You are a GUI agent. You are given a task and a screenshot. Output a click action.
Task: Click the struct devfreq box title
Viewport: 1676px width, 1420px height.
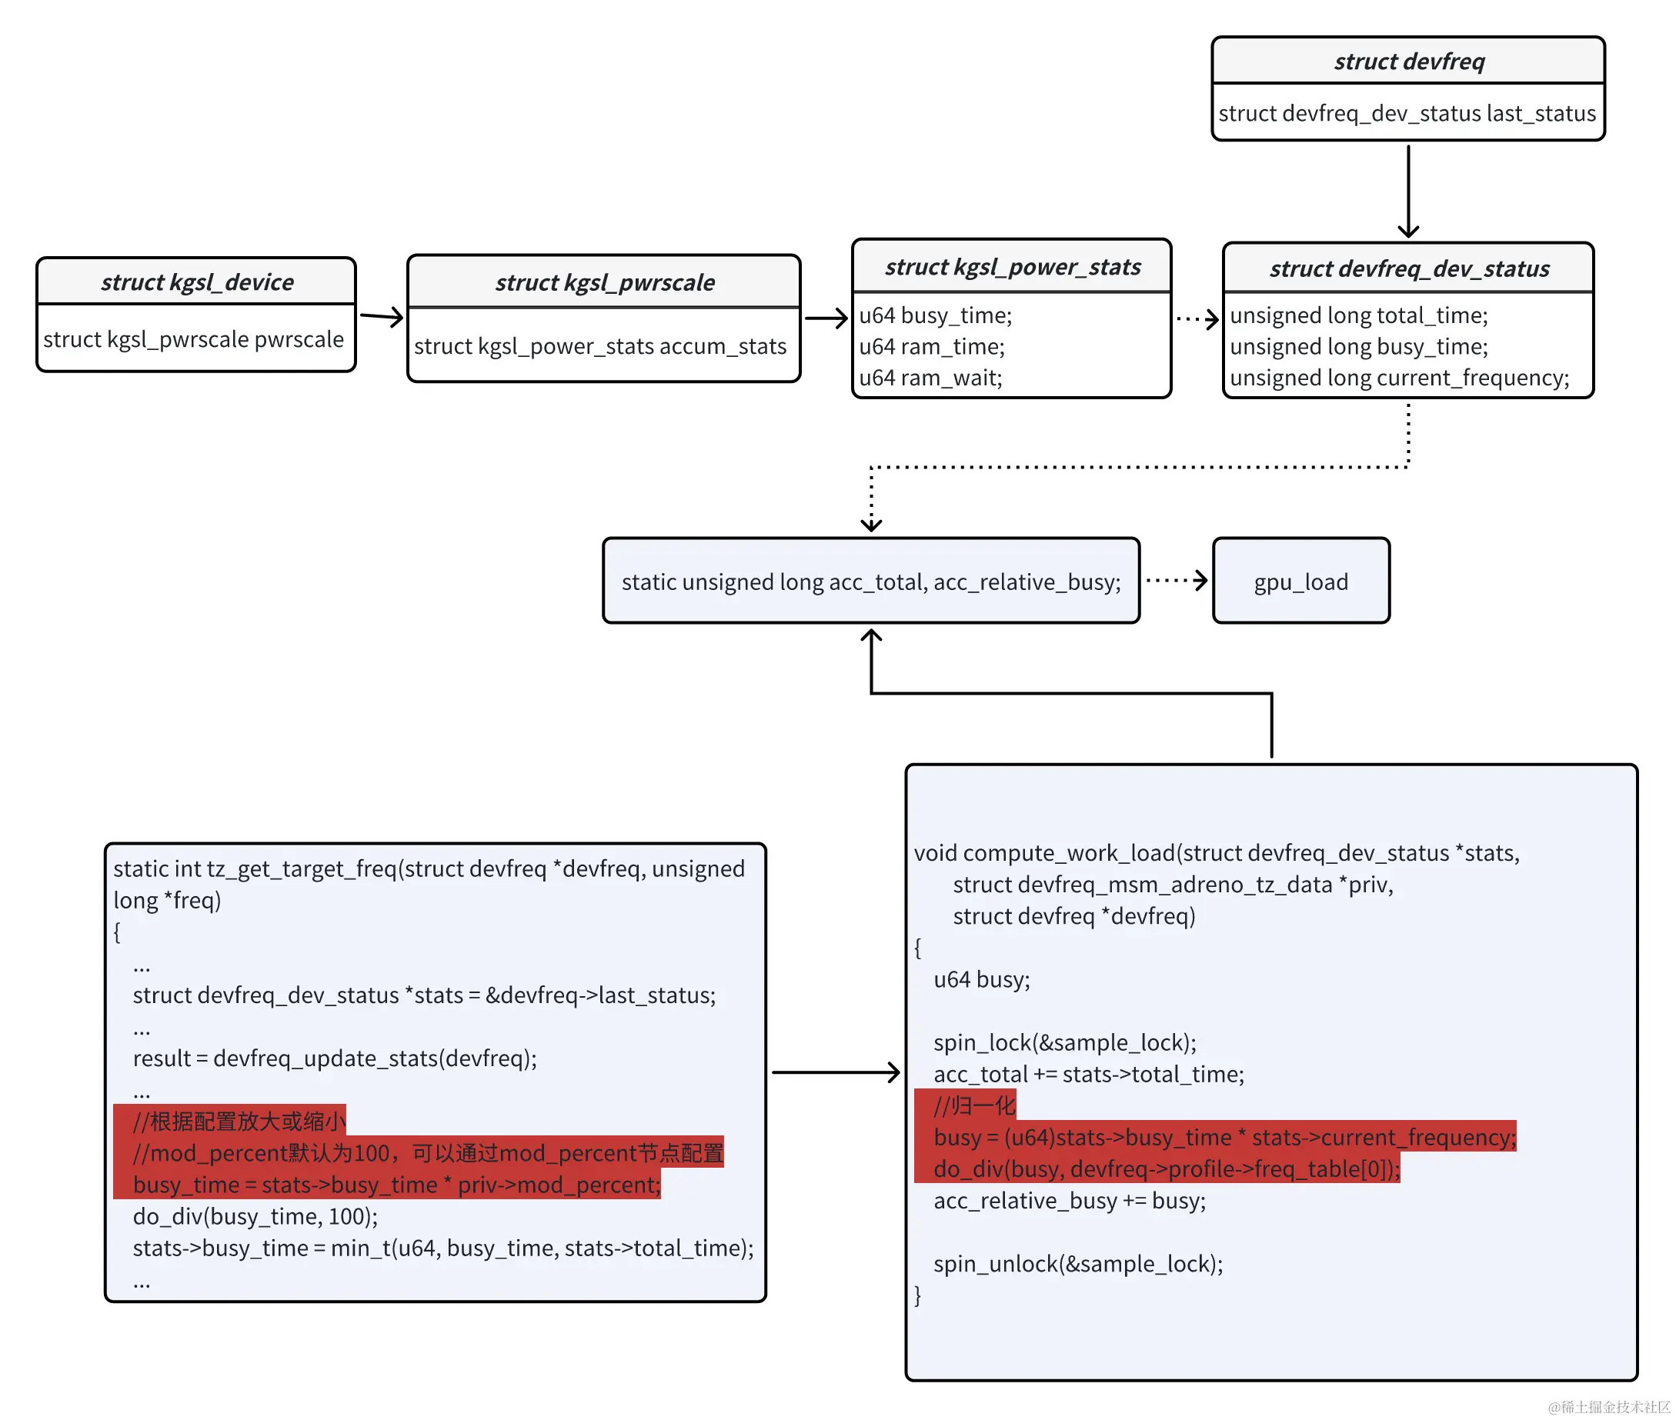(x=1409, y=62)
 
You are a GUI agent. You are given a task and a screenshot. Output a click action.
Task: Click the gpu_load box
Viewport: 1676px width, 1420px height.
(x=1300, y=582)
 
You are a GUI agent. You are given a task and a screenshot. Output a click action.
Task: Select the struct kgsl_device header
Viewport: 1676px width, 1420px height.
(x=197, y=282)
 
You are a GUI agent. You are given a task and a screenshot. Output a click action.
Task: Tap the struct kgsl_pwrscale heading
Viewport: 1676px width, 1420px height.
(x=604, y=282)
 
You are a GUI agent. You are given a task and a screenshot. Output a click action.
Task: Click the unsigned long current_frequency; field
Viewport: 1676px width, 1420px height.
(x=1399, y=378)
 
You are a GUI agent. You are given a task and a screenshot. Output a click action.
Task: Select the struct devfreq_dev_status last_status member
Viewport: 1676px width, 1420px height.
(x=1406, y=114)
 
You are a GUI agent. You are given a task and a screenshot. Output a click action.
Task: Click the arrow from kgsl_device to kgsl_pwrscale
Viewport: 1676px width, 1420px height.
(x=381, y=316)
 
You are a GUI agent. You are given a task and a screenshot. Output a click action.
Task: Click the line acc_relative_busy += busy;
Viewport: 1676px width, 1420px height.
(x=1069, y=1200)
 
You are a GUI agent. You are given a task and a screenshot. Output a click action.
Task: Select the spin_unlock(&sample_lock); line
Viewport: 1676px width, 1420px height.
(x=1077, y=1264)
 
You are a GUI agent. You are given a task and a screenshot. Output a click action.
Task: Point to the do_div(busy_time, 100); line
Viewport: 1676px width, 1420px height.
(x=255, y=1216)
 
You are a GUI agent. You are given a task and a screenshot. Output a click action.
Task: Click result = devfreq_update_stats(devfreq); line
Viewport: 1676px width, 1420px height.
(x=334, y=1058)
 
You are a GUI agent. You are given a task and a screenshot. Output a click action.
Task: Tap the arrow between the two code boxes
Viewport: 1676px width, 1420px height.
(x=835, y=1072)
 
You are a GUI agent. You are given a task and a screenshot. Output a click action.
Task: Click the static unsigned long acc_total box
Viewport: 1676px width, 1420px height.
(x=870, y=582)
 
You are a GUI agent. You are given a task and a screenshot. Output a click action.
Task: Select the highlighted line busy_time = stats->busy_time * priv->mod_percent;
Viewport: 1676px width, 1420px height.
(x=396, y=1185)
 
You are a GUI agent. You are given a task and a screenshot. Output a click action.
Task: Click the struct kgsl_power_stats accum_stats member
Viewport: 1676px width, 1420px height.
(x=599, y=346)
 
